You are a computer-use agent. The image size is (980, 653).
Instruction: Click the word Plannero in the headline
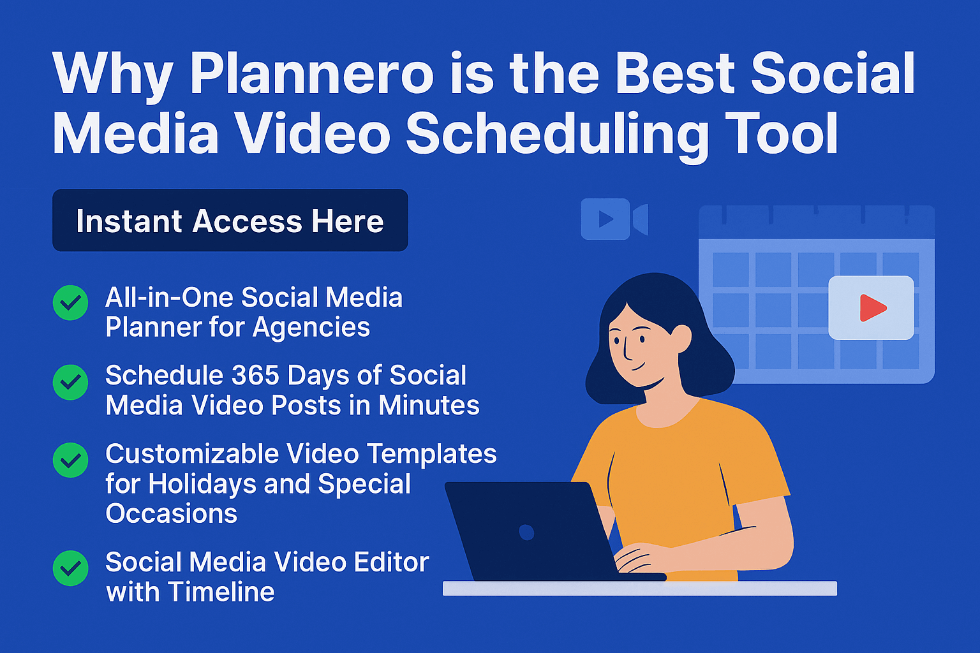[x=311, y=75]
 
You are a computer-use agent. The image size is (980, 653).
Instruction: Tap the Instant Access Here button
[x=230, y=221]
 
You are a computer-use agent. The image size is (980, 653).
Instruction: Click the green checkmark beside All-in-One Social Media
[x=70, y=303]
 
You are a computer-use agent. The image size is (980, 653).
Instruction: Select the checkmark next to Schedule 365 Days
[x=70, y=383]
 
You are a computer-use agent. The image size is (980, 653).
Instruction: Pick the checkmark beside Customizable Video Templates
[x=70, y=460]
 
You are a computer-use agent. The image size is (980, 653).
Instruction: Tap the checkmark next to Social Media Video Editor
[x=70, y=568]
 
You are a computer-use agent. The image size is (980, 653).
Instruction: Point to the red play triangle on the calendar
[x=872, y=307]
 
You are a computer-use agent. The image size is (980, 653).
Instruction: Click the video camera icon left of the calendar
[x=614, y=219]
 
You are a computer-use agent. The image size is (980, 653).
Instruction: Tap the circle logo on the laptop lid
[x=526, y=532]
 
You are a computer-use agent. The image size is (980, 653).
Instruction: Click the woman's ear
[x=681, y=336]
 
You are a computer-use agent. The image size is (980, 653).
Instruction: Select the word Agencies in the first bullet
[x=311, y=327]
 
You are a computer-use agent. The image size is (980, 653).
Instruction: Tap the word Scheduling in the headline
[x=557, y=135]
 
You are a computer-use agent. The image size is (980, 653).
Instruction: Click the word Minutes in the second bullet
[x=429, y=406]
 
